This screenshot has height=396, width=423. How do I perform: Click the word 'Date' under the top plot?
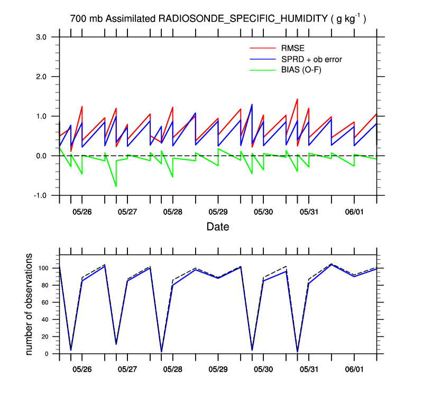click(217, 227)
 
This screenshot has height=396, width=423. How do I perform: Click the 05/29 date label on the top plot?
click(218, 212)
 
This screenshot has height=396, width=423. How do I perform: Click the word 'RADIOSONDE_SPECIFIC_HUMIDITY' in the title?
click(243, 19)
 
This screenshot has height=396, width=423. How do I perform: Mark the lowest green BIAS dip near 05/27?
click(116, 186)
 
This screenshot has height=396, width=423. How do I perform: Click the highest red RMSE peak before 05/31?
click(297, 99)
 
